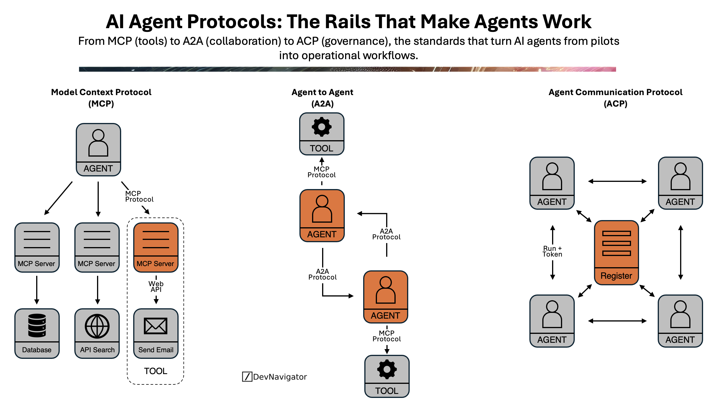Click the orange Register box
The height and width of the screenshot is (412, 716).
616,252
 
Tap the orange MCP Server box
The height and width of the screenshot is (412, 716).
156,247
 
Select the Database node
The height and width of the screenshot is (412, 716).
37,333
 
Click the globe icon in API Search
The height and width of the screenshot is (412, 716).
97,326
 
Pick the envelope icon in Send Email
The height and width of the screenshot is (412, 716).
156,326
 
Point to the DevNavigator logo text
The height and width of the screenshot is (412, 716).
280,377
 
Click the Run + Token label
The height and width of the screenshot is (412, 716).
552,251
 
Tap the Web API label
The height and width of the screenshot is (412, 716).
156,286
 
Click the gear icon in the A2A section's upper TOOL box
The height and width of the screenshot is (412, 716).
322,127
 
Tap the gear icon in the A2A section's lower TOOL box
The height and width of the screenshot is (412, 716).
387,369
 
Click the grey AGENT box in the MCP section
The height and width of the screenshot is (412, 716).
98,149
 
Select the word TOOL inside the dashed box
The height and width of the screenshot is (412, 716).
155,371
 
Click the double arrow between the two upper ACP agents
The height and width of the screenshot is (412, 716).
617,181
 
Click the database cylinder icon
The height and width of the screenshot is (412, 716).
37,325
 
